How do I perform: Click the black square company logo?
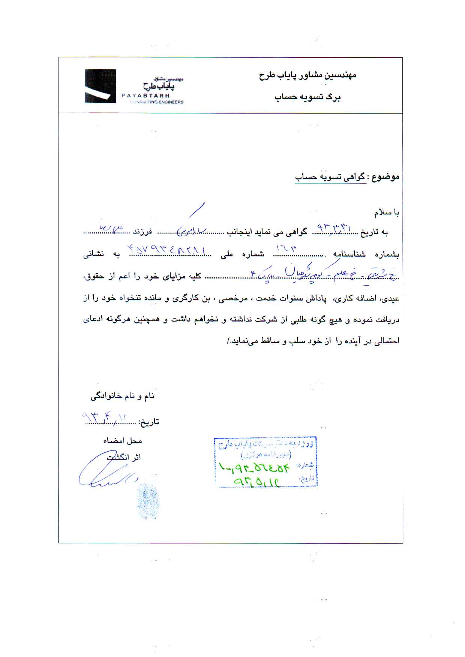click(x=100, y=86)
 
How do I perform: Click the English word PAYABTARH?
click(x=146, y=96)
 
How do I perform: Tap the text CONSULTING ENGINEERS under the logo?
click(x=156, y=102)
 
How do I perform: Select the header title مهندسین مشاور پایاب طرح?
click(x=307, y=75)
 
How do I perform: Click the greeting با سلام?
click(x=387, y=213)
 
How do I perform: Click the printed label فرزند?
click(x=143, y=232)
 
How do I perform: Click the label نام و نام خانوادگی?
click(x=123, y=396)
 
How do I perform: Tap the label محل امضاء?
click(x=123, y=441)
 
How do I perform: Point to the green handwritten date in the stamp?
click(x=257, y=481)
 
